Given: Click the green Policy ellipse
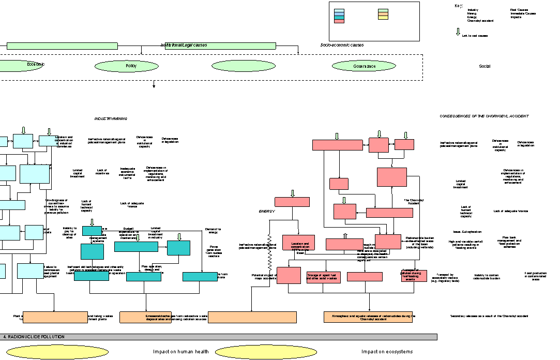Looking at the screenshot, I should point(127,66).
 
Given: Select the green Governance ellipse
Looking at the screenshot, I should point(364,66).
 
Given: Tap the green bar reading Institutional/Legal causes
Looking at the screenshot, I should point(220,46).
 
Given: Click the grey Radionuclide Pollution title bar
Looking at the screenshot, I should point(219,337).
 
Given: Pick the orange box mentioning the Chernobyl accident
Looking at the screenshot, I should point(368,317).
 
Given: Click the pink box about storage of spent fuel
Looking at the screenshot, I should point(323,277).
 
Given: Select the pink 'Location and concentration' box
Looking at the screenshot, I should point(299,243).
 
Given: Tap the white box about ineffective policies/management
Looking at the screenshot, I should point(252,252).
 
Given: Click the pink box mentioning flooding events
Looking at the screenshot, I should point(414,276).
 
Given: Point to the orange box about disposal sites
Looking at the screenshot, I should point(145,317).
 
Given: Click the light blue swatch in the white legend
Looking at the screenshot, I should point(339,10).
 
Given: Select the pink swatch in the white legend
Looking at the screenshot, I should point(339,21).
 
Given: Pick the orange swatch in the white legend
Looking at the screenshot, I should point(383,14).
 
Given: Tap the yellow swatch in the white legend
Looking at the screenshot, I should point(383,18).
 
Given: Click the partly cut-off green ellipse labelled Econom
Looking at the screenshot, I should point(20,66).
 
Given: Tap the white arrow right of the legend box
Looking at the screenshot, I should point(458,32).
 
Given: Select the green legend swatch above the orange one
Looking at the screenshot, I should point(383,10).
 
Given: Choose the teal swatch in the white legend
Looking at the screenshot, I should point(339,18).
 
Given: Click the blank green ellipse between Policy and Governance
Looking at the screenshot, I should point(244,66).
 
